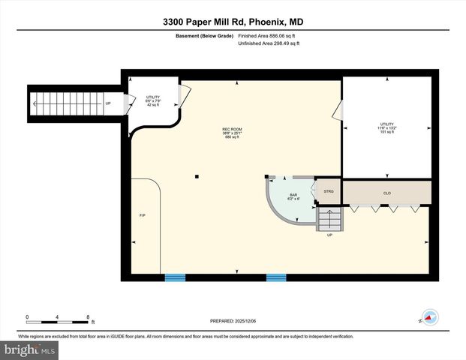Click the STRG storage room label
(x=328, y=192)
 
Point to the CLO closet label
(x=387, y=193)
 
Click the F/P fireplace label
(x=142, y=216)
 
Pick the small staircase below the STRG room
(x=329, y=219)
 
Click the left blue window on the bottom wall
(x=175, y=277)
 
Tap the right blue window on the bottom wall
(x=276, y=277)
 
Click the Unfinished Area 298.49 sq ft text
(x=269, y=43)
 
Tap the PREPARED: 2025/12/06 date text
(x=233, y=321)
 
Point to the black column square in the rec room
(x=197, y=177)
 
